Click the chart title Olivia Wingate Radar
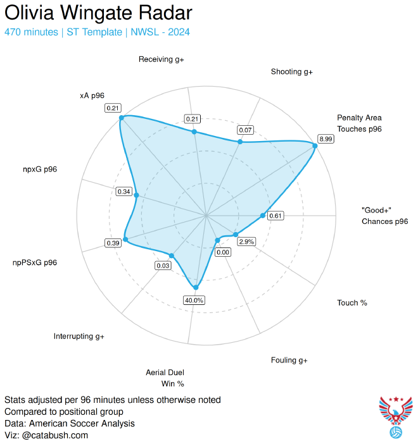[98, 13]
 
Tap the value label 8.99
[326, 139]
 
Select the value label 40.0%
[194, 300]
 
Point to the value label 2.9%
[247, 241]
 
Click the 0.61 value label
[275, 216]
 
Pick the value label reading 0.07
[245, 130]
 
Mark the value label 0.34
[124, 192]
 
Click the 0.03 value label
[163, 266]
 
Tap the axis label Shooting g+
[291, 71]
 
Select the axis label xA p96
[92, 96]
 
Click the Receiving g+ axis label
[161, 59]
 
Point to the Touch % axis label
[351, 303]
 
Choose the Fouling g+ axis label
[289, 360]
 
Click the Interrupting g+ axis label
[79, 336]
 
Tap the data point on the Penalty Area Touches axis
[314, 145]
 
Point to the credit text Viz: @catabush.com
[46, 435]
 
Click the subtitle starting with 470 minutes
[97, 32]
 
